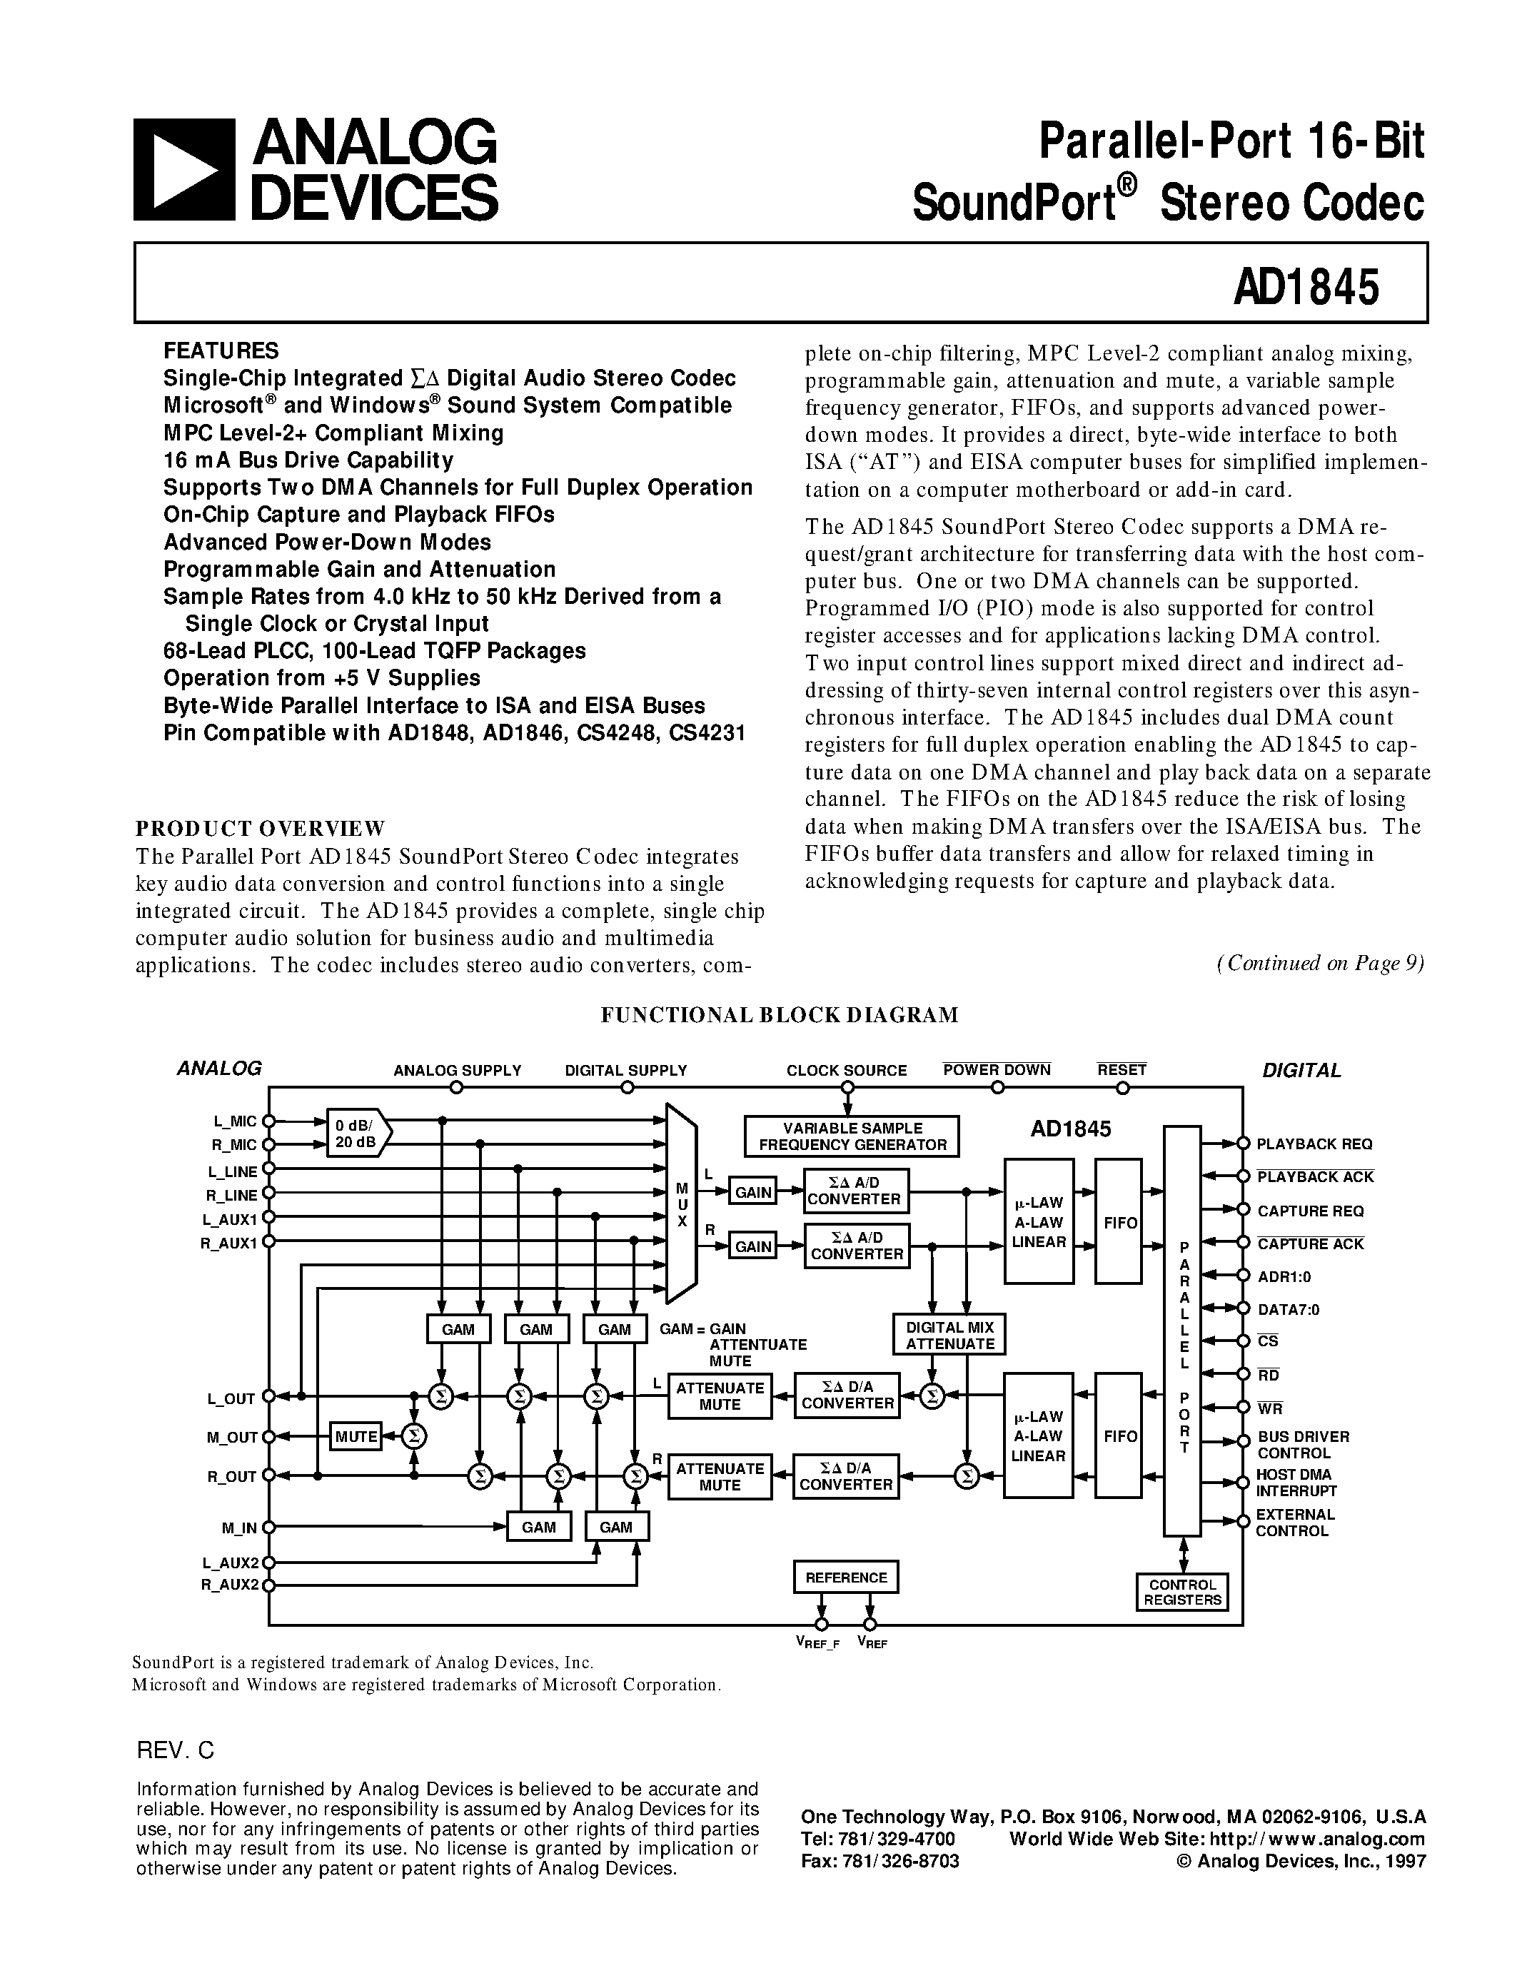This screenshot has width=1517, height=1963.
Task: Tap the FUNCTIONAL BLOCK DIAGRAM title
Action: tap(779, 1015)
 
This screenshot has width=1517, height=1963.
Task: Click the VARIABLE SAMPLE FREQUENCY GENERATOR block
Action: tap(852, 1136)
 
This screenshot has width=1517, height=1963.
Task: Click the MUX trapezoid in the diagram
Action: tap(681, 1204)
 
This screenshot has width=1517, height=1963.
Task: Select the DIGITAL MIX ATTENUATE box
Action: tap(949, 1335)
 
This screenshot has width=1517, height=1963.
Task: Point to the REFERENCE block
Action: tap(846, 1578)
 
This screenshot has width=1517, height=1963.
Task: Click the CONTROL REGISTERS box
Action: tap(1181, 1593)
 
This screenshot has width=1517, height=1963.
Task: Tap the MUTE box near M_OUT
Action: tap(356, 1436)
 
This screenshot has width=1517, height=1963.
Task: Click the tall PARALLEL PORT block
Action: tap(1183, 1331)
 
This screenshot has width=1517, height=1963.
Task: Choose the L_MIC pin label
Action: tap(235, 1121)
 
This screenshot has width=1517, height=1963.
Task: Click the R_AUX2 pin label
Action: tap(229, 1585)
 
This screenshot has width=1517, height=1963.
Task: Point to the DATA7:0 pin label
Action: tap(1288, 1310)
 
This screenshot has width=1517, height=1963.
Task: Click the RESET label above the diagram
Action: tap(1122, 1069)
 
